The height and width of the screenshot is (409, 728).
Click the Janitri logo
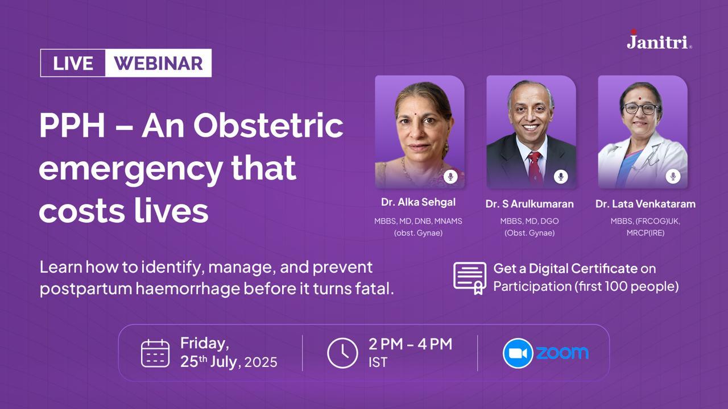point(659,40)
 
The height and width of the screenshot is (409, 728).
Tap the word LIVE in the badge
point(73,63)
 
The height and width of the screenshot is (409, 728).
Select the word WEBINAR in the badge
point(158,63)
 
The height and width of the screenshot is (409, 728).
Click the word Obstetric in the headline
point(268,126)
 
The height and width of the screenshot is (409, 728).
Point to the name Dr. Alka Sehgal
point(418,202)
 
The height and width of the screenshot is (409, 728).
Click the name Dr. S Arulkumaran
point(530,204)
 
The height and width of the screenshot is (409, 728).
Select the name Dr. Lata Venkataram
point(646,204)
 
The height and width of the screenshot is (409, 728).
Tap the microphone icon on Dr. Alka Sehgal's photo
point(450,177)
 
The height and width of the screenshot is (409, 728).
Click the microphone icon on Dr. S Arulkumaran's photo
point(561,177)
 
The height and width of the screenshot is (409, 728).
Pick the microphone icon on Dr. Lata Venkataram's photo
point(673,176)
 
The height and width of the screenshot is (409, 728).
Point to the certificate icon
point(470,278)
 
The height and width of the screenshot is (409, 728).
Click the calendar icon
point(155,353)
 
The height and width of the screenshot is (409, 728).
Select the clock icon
point(342,353)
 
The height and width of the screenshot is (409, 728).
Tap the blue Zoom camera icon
point(518,353)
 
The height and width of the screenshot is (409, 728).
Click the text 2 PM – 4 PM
point(410,344)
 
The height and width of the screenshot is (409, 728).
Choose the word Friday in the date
point(204,344)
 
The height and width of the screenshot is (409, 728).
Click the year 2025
point(260,362)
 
